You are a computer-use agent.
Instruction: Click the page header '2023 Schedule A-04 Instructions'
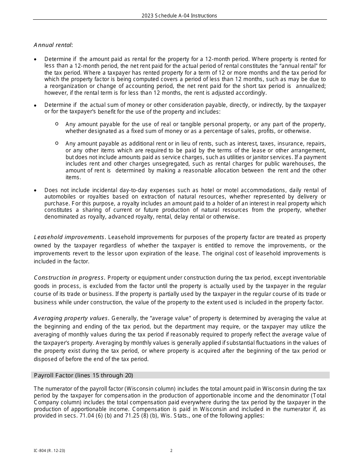179,16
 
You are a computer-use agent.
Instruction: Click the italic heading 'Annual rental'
53,45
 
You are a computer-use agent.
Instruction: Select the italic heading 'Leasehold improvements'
69,237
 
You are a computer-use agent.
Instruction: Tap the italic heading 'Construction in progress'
69,278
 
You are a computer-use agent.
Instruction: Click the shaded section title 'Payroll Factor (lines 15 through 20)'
83,375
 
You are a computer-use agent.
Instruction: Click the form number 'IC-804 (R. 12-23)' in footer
47,450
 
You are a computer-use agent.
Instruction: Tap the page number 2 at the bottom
171,450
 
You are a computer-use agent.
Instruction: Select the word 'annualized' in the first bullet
310,86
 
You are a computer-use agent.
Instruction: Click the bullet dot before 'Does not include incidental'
36,191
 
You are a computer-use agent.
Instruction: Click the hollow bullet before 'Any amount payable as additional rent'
56,143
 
